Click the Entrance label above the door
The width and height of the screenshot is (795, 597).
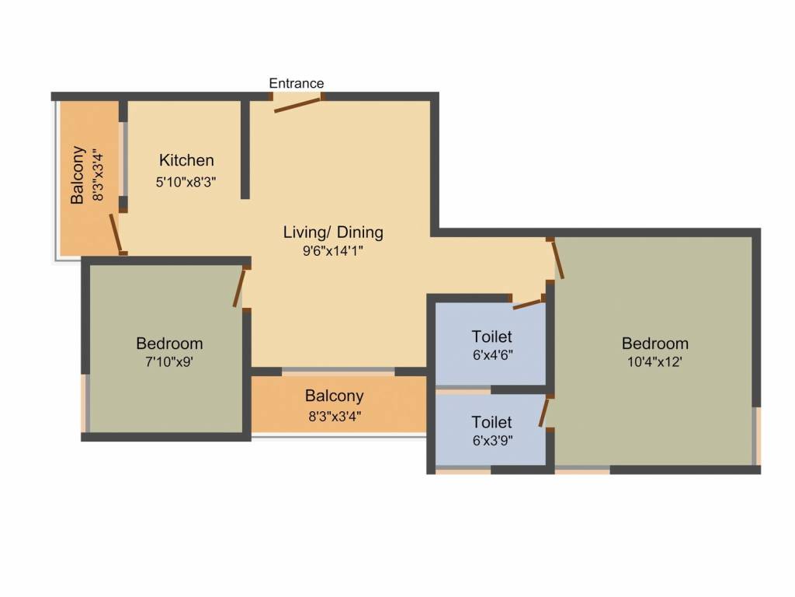pos(296,83)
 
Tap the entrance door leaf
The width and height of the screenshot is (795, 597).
pos(297,105)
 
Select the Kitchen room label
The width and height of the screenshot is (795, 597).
pos(186,160)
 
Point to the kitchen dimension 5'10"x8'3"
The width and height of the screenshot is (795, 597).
pos(186,182)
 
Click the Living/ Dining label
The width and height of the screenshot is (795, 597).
pos(333,232)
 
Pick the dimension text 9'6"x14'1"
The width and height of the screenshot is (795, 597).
pos(333,251)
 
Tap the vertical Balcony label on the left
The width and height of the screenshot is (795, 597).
pos(78,175)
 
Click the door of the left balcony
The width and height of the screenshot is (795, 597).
pos(116,232)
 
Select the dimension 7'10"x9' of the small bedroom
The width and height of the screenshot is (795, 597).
pos(169,362)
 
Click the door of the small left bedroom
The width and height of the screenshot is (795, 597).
pos(239,288)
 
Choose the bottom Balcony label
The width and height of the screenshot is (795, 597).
pos(334,396)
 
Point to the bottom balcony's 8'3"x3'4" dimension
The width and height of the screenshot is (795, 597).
pos(335,417)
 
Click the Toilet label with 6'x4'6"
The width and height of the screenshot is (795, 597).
pos(491,337)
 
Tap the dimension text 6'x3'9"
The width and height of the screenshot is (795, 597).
pos(492,440)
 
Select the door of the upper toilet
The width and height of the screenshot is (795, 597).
pos(528,304)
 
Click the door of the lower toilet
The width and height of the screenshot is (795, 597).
pos(543,412)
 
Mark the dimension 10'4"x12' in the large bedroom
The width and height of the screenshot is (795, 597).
pos(654,362)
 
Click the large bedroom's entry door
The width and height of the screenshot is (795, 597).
pos(557,259)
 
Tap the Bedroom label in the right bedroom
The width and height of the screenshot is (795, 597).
pos(655,344)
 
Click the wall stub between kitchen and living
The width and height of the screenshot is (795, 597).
pos(245,149)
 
